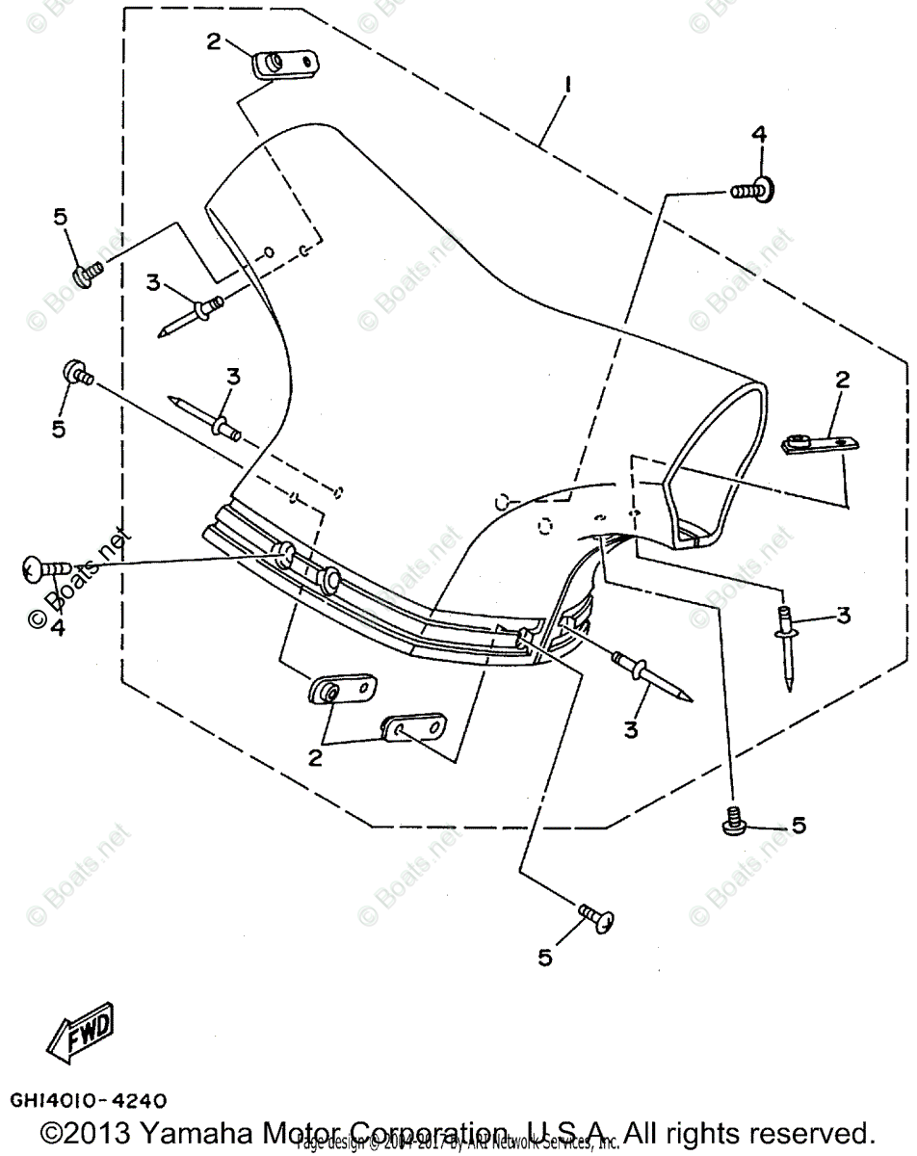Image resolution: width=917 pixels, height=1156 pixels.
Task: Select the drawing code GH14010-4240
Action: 88,1099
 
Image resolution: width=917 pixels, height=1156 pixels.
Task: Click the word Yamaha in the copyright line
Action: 193,1130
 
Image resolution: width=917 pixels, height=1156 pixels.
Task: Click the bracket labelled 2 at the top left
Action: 284,65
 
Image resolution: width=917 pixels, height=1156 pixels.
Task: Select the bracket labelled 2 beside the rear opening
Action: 814,443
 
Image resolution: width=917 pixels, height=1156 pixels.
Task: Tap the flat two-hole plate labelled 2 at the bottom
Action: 415,728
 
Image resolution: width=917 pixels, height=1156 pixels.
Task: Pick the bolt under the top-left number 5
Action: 87,274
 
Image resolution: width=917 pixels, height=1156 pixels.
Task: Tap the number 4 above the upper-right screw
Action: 759,136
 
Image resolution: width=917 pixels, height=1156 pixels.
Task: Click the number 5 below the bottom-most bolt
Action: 545,958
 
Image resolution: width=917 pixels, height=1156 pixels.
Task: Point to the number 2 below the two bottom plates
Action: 315,758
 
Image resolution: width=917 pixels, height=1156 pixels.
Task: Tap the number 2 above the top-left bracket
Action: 213,41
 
